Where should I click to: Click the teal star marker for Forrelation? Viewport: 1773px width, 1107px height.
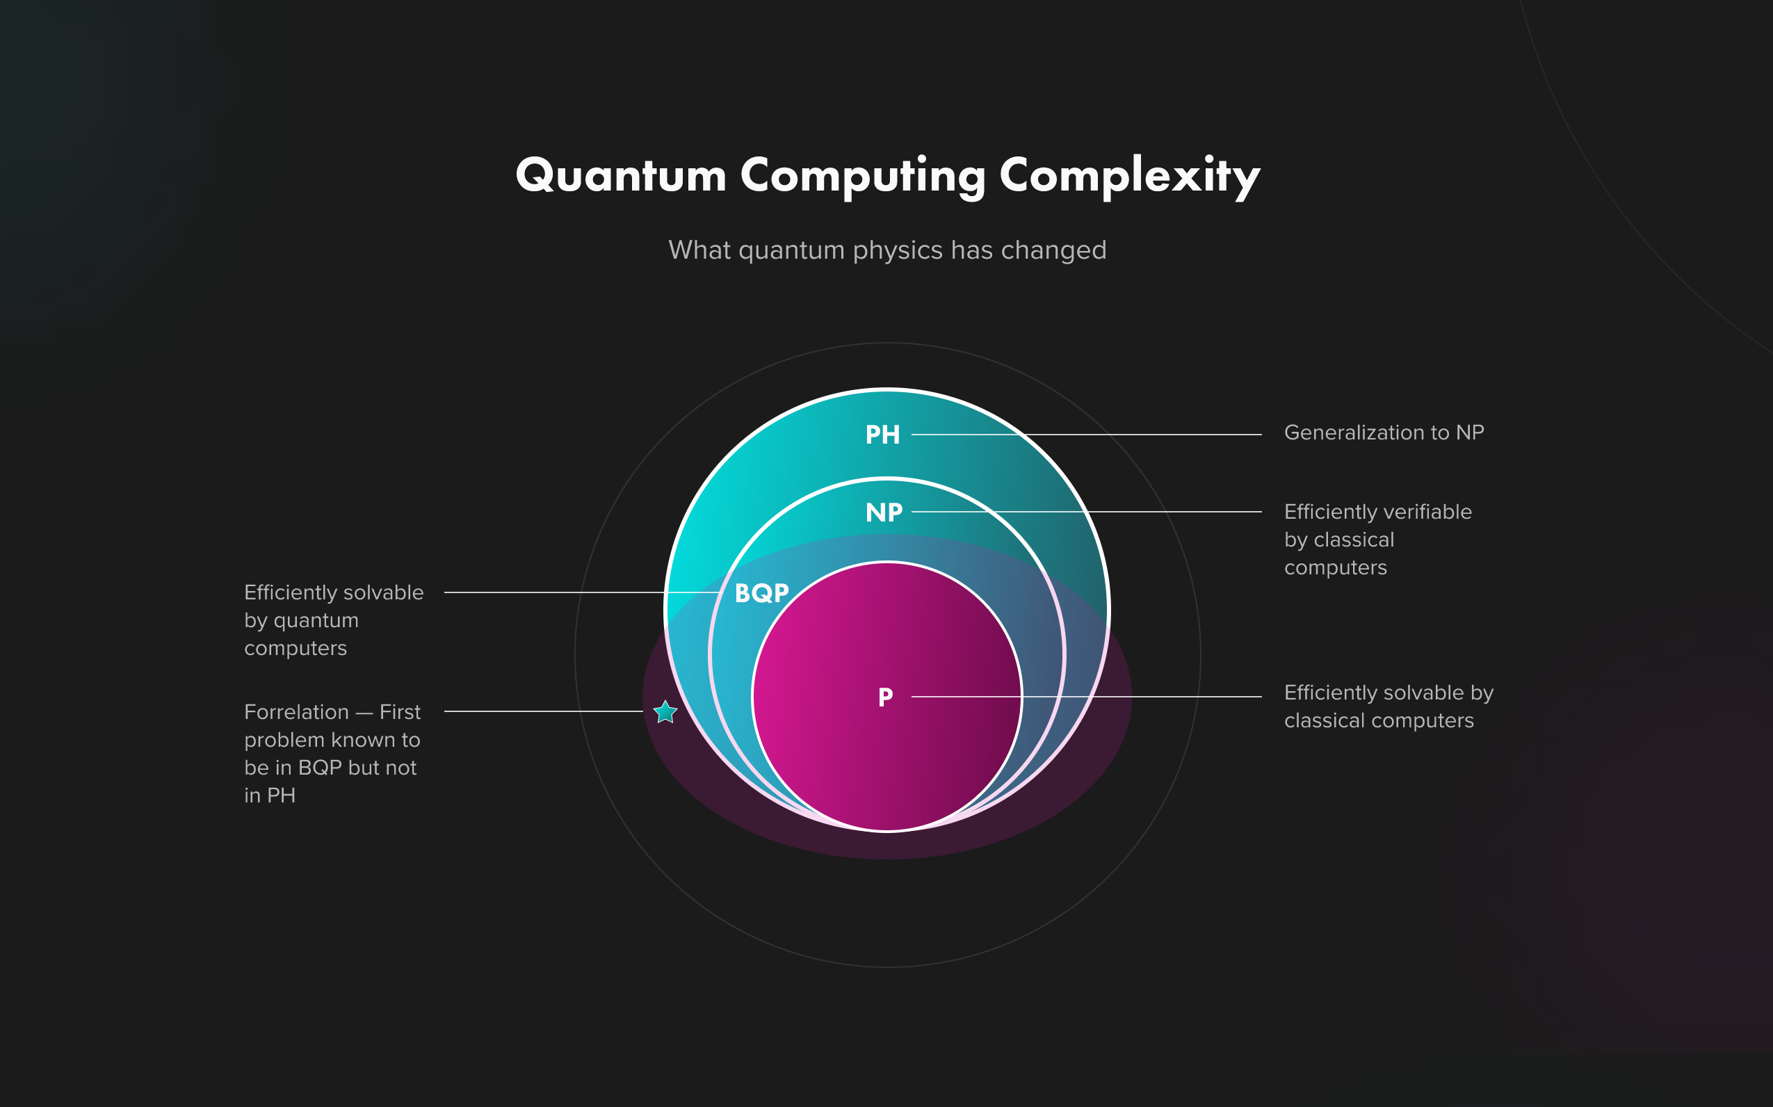pos(665,711)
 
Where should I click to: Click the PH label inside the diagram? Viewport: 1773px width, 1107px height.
pos(882,435)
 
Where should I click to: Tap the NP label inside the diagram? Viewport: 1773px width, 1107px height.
pos(884,512)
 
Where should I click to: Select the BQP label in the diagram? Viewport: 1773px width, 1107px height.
pos(761,593)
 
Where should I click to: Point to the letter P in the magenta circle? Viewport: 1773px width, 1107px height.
pos(885,697)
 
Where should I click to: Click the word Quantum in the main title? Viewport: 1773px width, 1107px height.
pos(621,176)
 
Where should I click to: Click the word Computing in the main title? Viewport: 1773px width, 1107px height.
pos(862,176)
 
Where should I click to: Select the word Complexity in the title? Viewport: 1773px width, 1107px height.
pos(1130,176)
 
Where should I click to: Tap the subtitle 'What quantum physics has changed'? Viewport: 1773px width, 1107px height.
pos(886,250)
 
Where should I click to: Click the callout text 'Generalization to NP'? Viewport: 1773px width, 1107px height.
pos(1384,433)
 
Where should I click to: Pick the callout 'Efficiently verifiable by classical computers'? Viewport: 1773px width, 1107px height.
pos(1376,540)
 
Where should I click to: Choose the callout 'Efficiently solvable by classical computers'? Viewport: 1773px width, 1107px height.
pos(1388,706)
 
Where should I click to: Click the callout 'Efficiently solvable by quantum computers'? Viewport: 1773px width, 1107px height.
pos(333,620)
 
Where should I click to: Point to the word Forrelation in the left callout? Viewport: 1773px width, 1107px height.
pos(296,712)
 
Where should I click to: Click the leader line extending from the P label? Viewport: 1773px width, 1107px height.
pos(1142,697)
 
